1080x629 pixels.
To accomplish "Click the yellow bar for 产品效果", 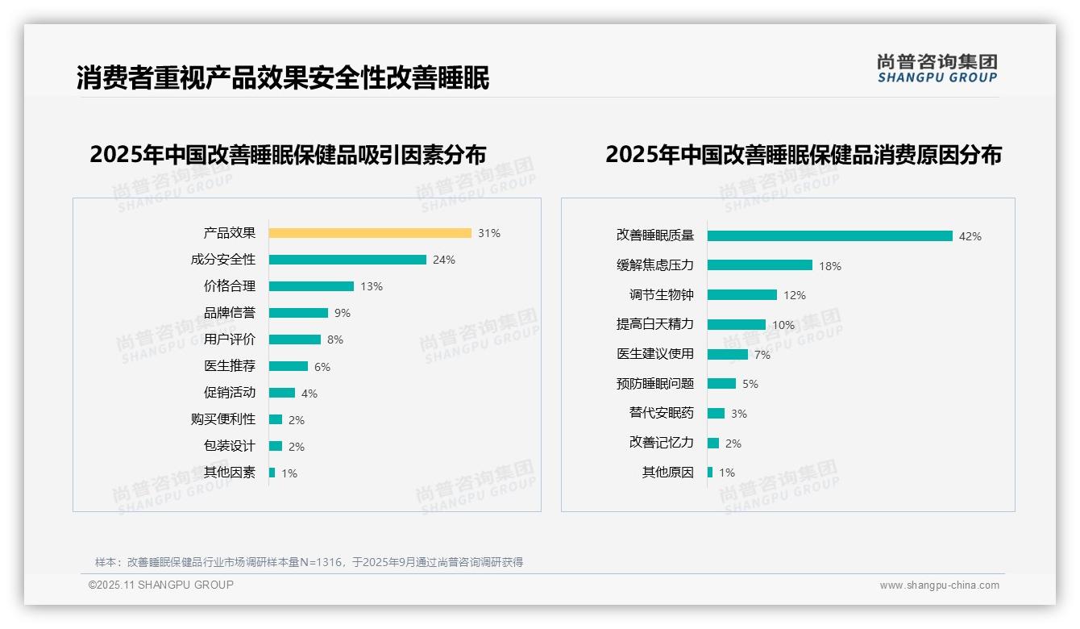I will pos(370,233).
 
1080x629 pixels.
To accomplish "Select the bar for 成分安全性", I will pos(347,260).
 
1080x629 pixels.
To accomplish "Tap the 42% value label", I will pos(970,236).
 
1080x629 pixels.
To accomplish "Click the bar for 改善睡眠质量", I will pos(830,235).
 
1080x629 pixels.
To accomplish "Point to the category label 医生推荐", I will pos(230,366).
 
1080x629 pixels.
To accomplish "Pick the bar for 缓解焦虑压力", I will pos(760,265).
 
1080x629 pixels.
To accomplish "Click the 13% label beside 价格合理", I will pos(372,286).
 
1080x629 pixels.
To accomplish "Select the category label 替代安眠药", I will pos(661,413).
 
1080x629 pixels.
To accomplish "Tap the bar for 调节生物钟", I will pos(742,295).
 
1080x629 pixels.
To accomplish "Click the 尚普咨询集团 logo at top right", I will pos(937,69).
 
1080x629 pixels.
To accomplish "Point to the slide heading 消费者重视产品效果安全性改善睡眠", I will pos(283,78).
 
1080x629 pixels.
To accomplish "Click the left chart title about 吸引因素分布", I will pos(288,155).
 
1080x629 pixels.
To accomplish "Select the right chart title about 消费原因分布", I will pos(803,155).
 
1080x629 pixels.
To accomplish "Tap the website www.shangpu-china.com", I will pos(939,585).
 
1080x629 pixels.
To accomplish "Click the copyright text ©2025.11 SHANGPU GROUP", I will pos(161,585).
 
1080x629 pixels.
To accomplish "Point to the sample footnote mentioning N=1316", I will pos(309,562).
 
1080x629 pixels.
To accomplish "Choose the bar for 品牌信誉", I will pos(298,313).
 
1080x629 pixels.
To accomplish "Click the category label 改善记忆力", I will pos(661,443).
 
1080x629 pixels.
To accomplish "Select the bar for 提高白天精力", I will pos(737,324).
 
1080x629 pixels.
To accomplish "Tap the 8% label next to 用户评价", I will pos(335,339).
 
